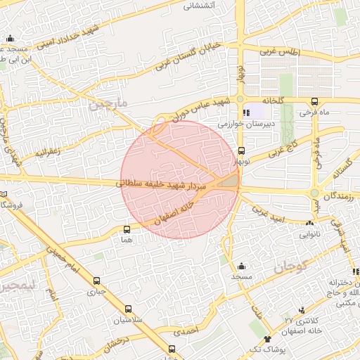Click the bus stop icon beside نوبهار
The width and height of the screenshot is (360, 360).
tap(242, 150)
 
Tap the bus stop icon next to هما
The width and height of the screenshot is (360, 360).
tap(127, 229)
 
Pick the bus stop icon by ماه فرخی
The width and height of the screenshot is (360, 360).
tap(314, 101)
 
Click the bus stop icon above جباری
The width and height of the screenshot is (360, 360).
tap(96, 281)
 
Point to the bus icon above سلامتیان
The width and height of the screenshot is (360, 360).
tap(128, 309)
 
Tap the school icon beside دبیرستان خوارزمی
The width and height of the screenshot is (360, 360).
tap(246, 112)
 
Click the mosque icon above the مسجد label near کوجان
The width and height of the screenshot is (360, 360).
tap(242, 266)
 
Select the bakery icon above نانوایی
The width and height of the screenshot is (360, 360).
tap(310, 223)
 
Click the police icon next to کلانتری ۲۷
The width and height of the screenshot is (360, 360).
tap(302, 310)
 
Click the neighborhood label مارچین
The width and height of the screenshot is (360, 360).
tap(110, 104)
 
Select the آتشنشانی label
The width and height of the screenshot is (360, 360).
tap(199, 6)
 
